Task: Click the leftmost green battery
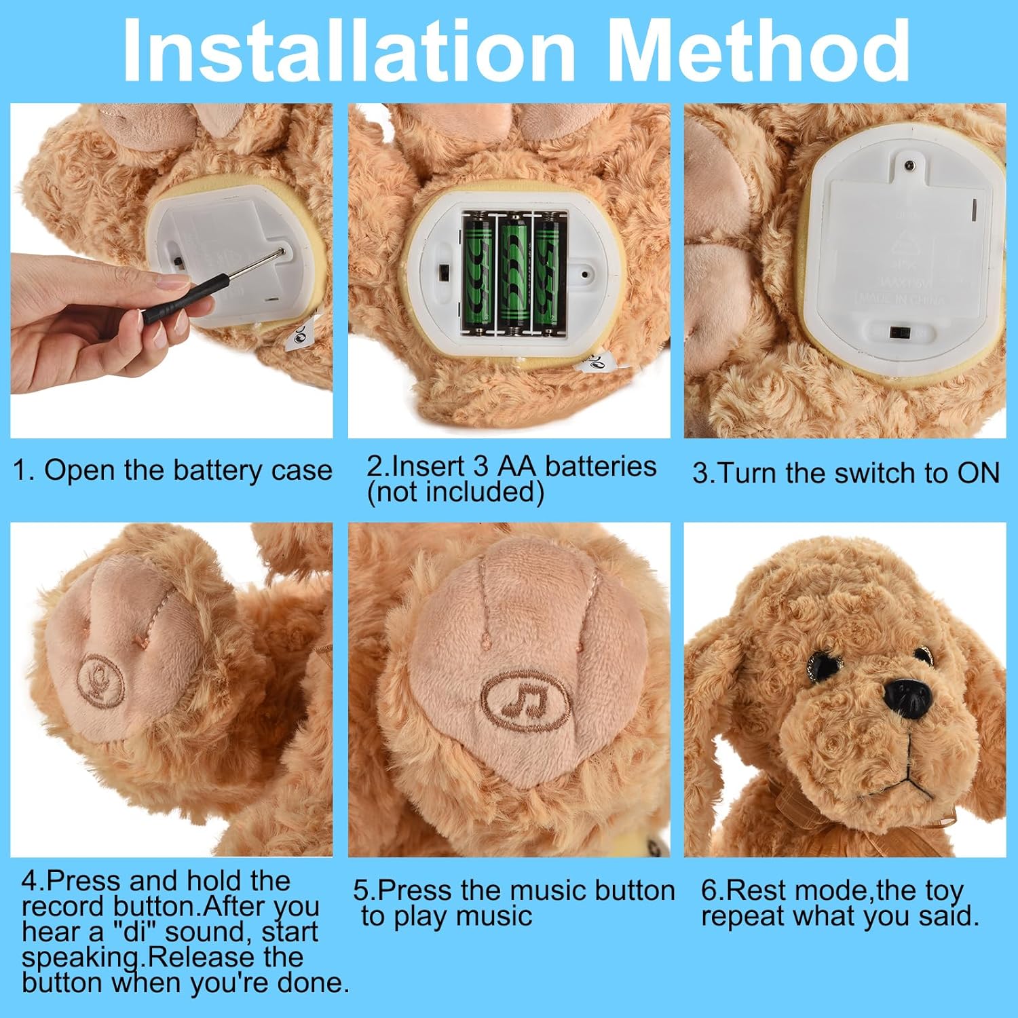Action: tap(478, 275)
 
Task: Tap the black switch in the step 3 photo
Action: tap(901, 333)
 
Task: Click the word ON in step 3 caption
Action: tap(978, 473)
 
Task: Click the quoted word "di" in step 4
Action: tap(134, 932)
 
